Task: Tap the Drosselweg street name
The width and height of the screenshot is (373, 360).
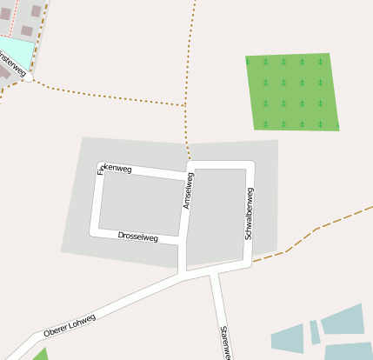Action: tap(137, 236)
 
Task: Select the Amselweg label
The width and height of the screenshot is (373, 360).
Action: tap(187, 190)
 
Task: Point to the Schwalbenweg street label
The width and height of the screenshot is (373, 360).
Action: tap(249, 213)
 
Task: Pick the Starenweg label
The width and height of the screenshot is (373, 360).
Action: tap(224, 342)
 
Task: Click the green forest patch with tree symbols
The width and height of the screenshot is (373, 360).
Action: tap(290, 91)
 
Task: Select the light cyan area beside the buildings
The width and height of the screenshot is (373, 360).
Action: tap(15, 52)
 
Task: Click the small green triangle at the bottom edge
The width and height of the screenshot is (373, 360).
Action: tap(40, 355)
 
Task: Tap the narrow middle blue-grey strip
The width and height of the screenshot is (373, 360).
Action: tap(314, 332)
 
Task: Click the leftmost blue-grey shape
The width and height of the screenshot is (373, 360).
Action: tap(287, 338)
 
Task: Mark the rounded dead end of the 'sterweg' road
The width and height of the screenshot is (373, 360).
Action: tap(29, 77)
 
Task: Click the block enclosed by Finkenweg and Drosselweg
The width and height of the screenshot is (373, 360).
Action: tap(139, 203)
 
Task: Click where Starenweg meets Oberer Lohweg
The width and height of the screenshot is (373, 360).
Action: tap(213, 274)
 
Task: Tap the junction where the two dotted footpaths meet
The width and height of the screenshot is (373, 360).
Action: tap(186, 106)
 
